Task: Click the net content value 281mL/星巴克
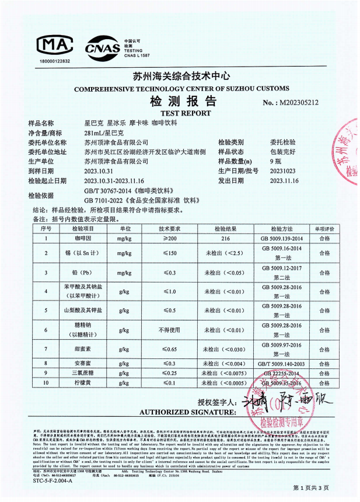click(104, 134)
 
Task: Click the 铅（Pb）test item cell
click(79, 272)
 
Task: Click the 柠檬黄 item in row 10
click(79, 383)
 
